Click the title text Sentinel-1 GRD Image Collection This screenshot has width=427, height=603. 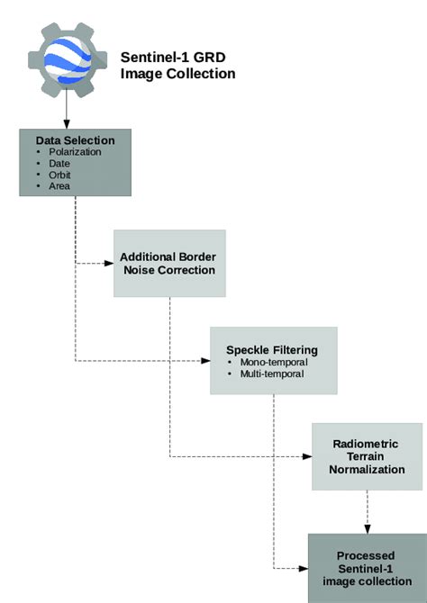(178, 65)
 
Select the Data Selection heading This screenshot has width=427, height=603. (75, 140)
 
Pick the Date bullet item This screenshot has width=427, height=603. (60, 163)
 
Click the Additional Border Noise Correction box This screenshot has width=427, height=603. (168, 263)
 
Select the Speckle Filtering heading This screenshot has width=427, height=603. (271, 350)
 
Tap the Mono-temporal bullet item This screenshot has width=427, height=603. (273, 362)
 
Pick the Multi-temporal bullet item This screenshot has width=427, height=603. (273, 373)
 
